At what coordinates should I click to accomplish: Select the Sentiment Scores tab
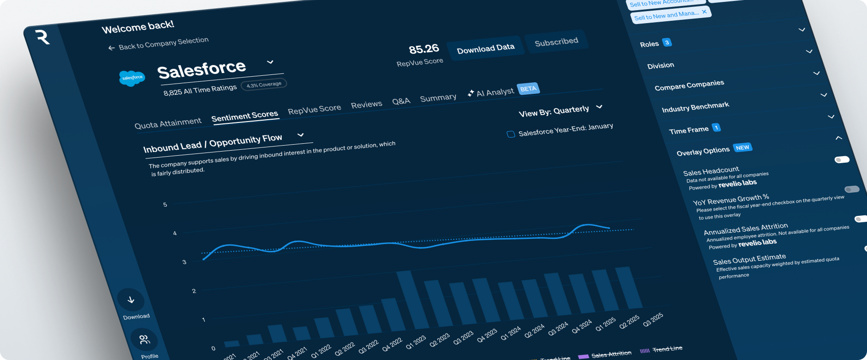[x=245, y=116]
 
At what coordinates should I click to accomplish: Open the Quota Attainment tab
[x=168, y=123]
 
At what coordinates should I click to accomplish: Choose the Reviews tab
[x=366, y=104]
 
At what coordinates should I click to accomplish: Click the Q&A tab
[x=401, y=101]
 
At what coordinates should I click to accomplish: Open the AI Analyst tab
[x=495, y=92]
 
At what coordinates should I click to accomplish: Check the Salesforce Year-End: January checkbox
[x=511, y=134]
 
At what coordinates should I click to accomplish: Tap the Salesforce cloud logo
[x=132, y=78]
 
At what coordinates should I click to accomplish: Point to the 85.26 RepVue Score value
[x=424, y=49]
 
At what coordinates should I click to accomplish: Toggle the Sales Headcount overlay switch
[x=842, y=160]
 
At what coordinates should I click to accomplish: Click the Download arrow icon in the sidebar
[x=131, y=300]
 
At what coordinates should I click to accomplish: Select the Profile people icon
[x=144, y=340]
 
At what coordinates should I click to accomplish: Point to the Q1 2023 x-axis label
[x=416, y=342]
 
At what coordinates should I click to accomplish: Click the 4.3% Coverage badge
[x=264, y=85]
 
